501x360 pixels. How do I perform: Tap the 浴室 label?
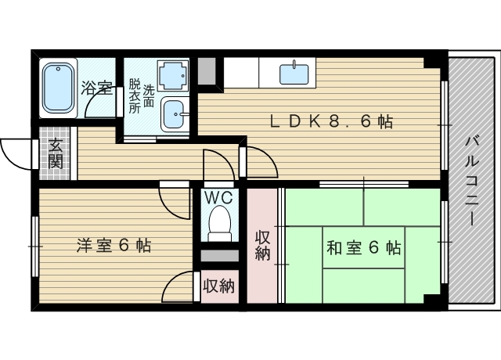click(96, 87)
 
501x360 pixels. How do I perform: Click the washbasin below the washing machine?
click(172, 113)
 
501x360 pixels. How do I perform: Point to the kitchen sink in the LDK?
click(295, 74)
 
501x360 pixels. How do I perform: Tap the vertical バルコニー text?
click(471, 181)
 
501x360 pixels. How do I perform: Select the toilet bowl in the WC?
click(219, 222)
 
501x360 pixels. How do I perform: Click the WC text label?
click(219, 197)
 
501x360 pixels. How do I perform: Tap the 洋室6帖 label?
click(114, 246)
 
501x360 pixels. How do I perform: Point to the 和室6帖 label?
click(363, 248)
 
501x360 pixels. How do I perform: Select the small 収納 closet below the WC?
click(219, 286)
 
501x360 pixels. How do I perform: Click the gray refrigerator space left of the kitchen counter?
click(206, 70)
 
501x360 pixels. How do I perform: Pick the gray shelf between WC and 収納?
click(219, 256)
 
